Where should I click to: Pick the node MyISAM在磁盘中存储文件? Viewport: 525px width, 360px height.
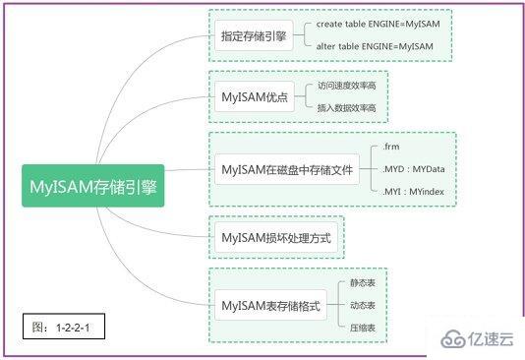coord(286,168)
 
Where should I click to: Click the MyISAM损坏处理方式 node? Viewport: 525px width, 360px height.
coord(276,237)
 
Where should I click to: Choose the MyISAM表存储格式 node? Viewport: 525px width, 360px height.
coord(270,306)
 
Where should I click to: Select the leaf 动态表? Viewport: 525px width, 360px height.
coord(363,305)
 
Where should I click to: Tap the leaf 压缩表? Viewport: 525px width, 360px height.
coord(363,327)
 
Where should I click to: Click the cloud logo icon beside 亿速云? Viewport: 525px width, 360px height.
coord(453,338)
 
